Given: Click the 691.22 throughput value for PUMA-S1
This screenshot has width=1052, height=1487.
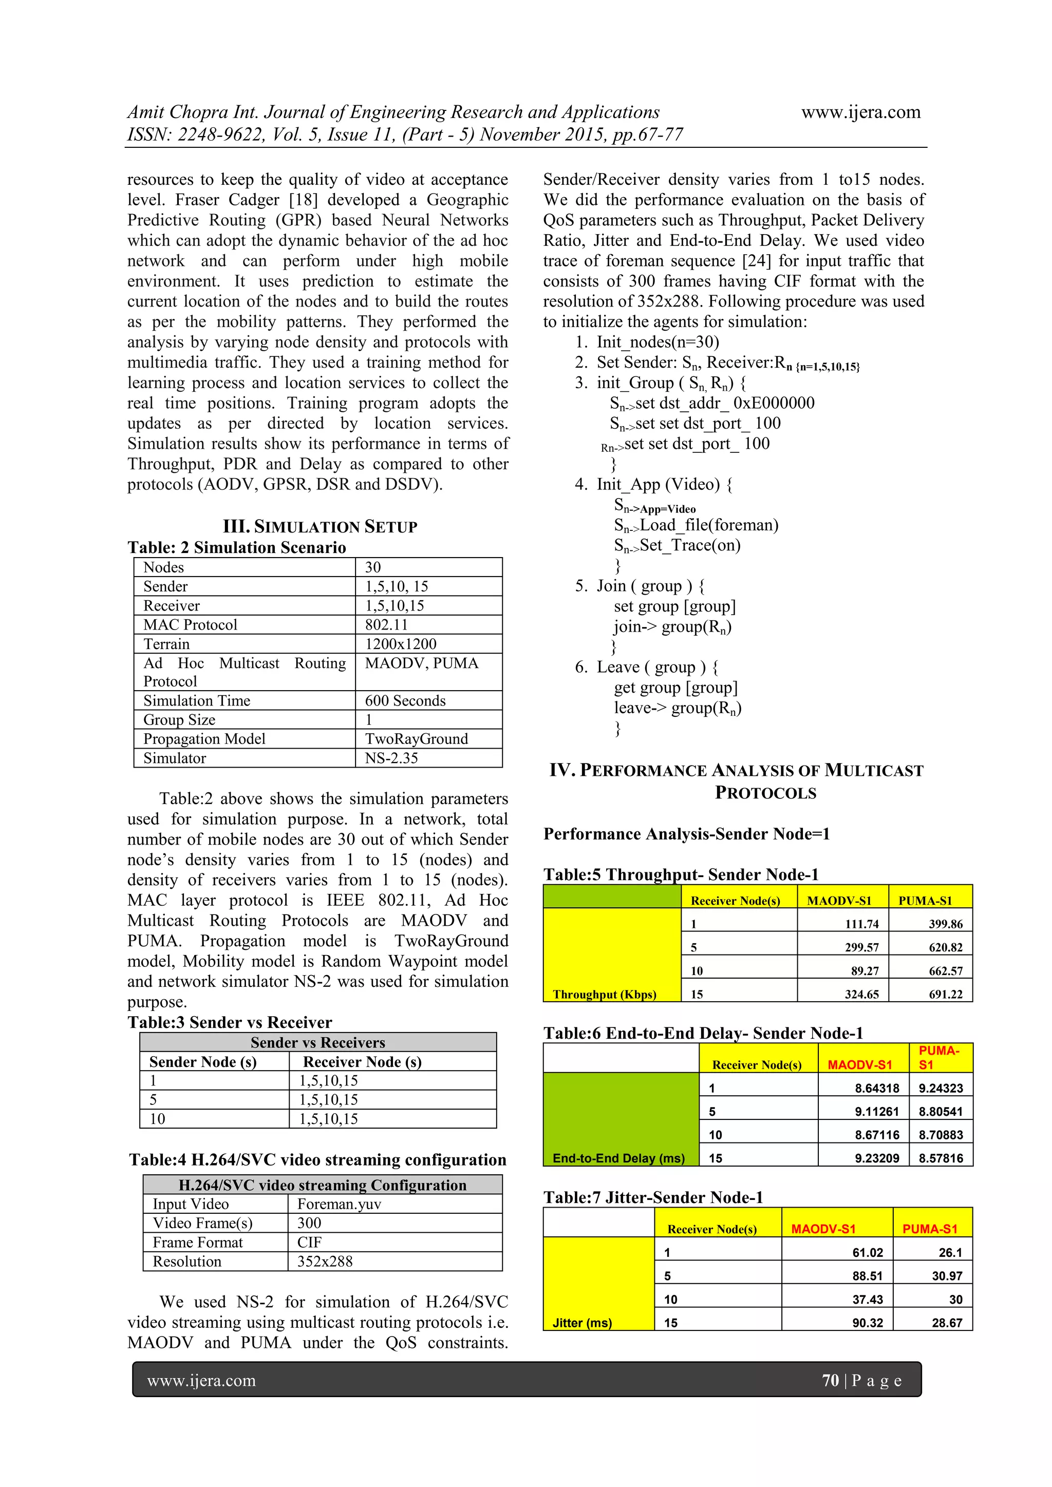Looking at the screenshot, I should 945,994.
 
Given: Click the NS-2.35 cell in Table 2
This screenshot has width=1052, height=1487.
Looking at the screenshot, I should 391,758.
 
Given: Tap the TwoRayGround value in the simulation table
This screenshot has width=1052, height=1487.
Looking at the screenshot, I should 416,739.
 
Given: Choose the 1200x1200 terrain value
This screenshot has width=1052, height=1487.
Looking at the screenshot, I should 400,644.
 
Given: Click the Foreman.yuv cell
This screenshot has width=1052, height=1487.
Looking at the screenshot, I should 339,1204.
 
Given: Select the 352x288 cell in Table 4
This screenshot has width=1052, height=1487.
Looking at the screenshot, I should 325,1262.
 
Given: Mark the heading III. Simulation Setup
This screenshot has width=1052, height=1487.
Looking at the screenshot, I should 320,526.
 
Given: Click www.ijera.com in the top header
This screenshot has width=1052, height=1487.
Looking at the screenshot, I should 860,112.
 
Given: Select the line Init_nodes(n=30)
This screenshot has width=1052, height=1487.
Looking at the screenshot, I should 657,342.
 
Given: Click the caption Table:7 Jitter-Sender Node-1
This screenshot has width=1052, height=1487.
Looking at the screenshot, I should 653,1197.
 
